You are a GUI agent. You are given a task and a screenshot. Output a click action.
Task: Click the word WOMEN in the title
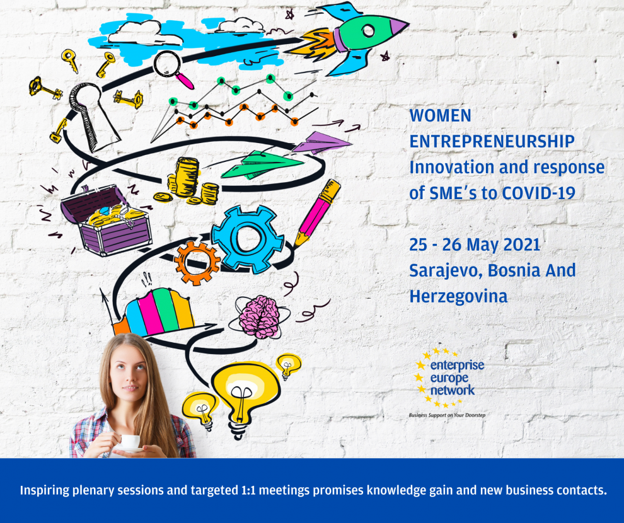tap(440, 115)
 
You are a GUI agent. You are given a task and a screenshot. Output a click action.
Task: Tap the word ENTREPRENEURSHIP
tap(492, 141)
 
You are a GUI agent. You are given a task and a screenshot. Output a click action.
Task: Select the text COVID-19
tap(538, 193)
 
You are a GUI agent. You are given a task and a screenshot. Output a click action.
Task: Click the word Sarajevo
tap(446, 271)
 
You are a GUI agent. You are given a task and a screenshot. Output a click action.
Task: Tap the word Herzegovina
tap(458, 297)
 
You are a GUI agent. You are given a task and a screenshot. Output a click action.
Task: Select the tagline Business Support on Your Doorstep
tap(447, 415)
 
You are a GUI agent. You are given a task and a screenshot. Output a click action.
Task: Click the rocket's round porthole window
tap(368, 31)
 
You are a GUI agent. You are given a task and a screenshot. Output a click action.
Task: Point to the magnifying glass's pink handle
tap(185, 81)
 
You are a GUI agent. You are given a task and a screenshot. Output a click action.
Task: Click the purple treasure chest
tap(107, 220)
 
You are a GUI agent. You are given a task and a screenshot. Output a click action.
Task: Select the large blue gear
tap(248, 239)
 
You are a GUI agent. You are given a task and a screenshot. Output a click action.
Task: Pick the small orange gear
tap(197, 263)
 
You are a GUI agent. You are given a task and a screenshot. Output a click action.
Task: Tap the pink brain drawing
tap(260, 316)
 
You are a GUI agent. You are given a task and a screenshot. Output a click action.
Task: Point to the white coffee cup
tap(130, 442)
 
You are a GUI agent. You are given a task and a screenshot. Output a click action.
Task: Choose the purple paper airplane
tap(321, 142)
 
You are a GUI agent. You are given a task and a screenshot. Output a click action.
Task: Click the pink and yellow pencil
tap(318, 213)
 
